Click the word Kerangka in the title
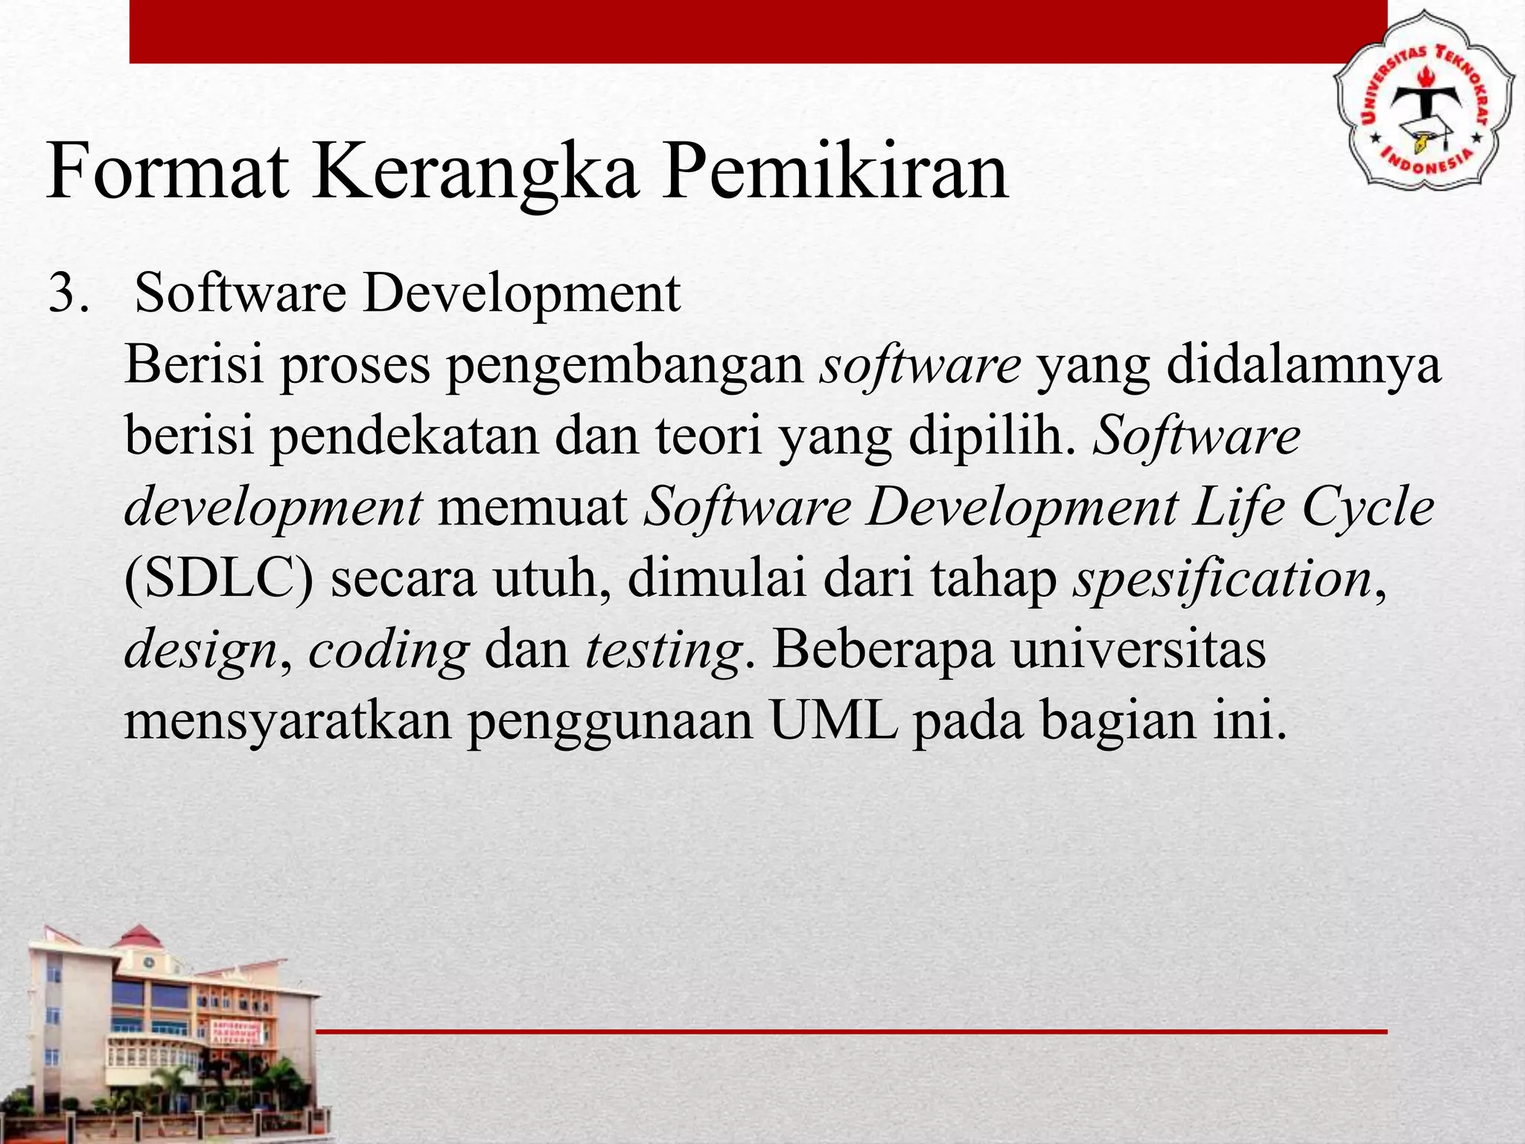pos(475,173)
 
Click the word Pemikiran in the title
pos(835,173)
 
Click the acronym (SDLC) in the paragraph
pos(219,579)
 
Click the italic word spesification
pos(1222,579)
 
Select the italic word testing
pos(663,651)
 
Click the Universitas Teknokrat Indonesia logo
pos(1423,109)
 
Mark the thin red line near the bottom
pos(851,1032)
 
